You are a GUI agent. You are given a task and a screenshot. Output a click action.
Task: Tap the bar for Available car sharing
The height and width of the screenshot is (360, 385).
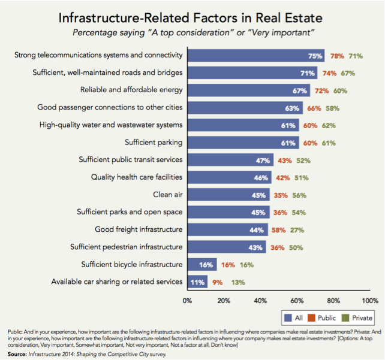(x=198, y=282)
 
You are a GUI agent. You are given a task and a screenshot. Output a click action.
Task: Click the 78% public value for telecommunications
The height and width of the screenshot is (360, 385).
(x=336, y=56)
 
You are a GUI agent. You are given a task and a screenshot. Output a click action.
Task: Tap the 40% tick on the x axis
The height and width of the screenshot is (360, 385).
(x=260, y=300)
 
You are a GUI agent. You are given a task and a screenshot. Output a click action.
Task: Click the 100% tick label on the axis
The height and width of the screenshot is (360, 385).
(x=370, y=300)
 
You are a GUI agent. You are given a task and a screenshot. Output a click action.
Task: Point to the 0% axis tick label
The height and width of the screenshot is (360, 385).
(x=188, y=300)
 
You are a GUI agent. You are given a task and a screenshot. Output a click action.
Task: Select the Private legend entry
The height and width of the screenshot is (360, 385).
(x=360, y=317)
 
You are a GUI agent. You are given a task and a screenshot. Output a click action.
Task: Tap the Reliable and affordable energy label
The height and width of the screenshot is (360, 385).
(x=131, y=90)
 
